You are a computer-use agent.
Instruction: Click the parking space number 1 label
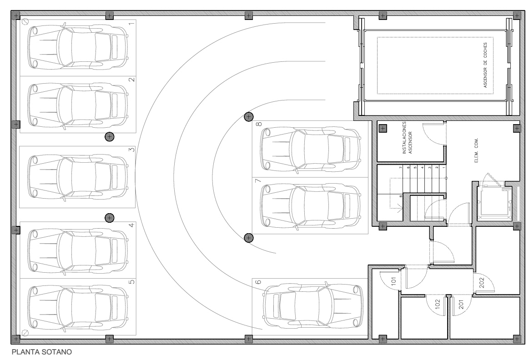(x=132, y=23)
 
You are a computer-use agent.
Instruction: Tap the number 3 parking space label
(x=132, y=150)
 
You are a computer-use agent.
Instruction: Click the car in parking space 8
(x=310, y=149)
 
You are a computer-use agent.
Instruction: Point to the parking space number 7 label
(x=258, y=181)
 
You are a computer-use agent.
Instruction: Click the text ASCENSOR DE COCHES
(x=485, y=65)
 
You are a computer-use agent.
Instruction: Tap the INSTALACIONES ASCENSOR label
(x=407, y=138)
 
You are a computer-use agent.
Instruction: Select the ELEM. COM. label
(x=477, y=150)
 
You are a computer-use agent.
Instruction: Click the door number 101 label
(x=393, y=281)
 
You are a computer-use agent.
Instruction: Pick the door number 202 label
(x=482, y=282)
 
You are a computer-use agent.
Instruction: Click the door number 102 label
(x=438, y=304)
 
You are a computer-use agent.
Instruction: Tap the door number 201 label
(x=461, y=305)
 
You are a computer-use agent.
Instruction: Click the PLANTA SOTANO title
(x=42, y=352)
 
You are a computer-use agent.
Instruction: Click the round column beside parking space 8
(x=249, y=117)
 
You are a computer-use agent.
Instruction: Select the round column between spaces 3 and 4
(x=109, y=218)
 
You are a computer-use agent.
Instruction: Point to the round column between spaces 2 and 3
(x=109, y=136)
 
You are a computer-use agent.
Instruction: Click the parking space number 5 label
(x=132, y=281)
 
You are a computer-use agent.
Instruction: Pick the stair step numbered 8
(x=400, y=196)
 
